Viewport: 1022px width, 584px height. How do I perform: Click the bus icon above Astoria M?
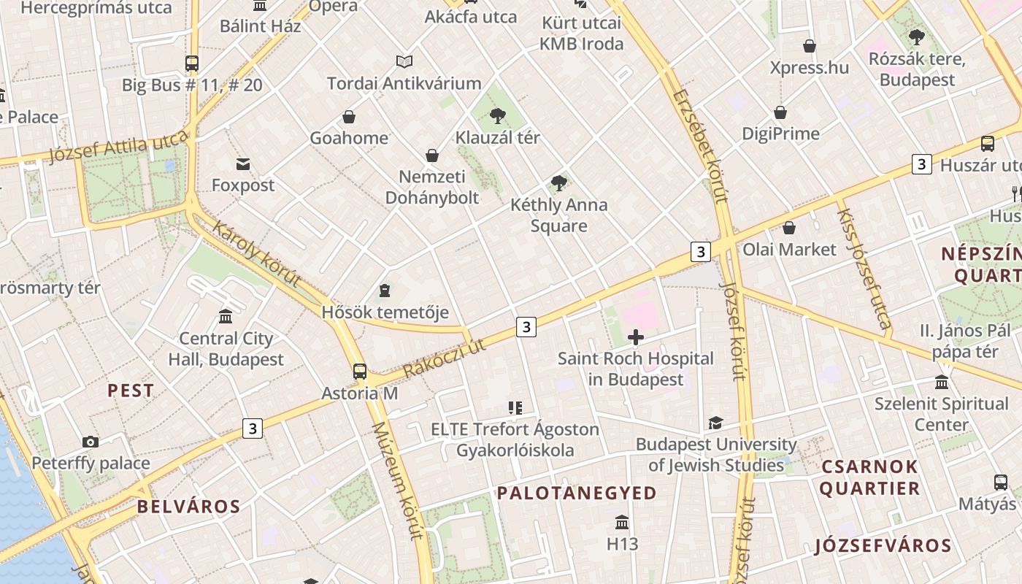click(360, 371)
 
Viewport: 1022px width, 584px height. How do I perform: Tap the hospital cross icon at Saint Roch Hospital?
click(636, 337)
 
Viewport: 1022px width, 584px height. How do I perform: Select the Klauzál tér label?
click(498, 137)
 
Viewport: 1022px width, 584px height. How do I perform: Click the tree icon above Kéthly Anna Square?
click(559, 183)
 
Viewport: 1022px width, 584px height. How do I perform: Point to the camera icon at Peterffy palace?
click(91, 442)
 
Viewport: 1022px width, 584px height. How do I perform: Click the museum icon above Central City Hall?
click(226, 317)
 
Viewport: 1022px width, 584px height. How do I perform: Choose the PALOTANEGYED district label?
click(577, 493)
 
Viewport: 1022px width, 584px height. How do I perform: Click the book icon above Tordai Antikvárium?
click(404, 62)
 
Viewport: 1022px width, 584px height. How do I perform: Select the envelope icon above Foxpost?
click(243, 164)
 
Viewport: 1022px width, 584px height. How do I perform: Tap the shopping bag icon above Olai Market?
click(789, 228)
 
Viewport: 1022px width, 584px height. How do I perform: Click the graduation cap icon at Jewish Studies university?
click(715, 423)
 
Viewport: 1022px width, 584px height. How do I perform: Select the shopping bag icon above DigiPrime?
click(780, 112)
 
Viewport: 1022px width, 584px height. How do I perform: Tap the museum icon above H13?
click(622, 523)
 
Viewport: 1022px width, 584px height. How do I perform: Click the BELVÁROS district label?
click(188, 507)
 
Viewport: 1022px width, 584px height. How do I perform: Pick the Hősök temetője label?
click(385, 312)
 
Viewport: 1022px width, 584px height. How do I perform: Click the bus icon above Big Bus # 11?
click(192, 64)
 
